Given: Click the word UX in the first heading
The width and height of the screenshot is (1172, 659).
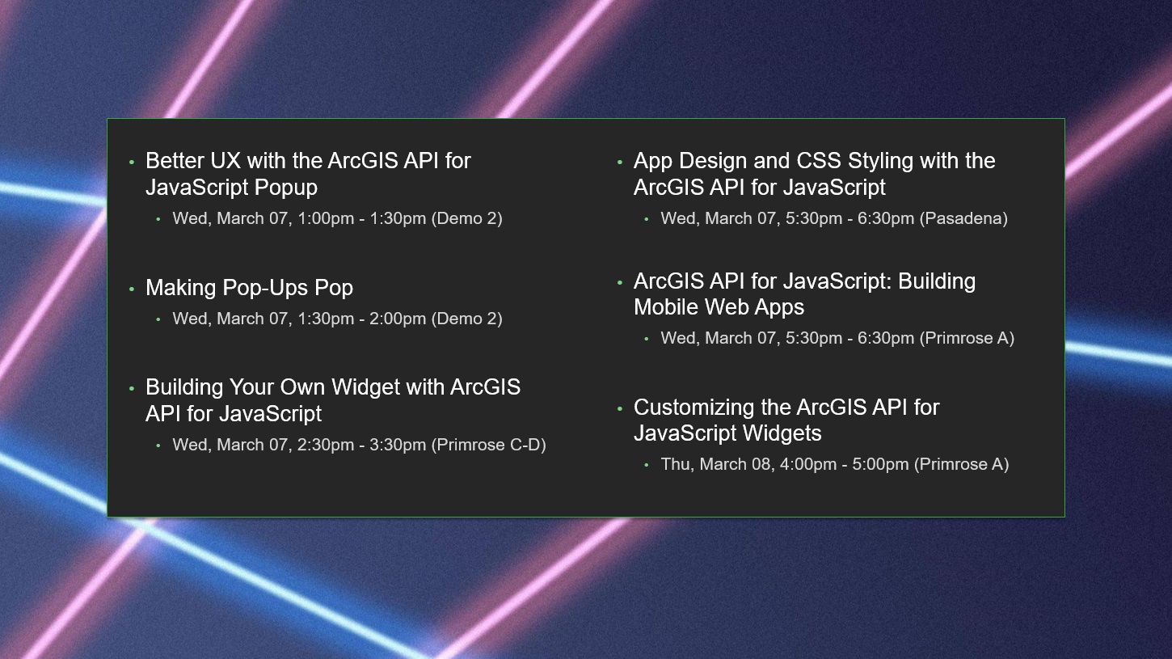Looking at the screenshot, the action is (225, 161).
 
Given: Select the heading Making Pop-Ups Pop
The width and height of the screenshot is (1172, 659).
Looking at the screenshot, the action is (249, 288).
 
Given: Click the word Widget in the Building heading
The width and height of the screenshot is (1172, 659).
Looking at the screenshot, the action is (365, 387).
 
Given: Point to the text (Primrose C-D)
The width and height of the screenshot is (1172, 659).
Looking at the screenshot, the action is (489, 445).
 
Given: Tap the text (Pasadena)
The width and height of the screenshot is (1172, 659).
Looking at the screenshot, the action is (963, 218).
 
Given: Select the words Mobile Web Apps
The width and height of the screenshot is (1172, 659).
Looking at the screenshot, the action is (719, 308).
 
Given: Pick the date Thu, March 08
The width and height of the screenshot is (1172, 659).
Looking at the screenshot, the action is (717, 464).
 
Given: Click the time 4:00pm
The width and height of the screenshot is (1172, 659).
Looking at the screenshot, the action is (807, 464).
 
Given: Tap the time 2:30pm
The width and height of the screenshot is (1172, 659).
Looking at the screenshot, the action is (326, 445).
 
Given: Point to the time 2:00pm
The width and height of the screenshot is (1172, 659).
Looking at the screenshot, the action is (398, 319).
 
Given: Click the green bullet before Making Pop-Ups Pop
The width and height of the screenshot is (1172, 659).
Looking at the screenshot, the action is (132, 289).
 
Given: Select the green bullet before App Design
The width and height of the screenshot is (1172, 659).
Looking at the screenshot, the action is (620, 163).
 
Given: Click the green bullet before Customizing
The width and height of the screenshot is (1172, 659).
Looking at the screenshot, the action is (620, 408).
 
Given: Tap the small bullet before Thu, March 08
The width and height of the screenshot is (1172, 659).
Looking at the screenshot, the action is (647, 465).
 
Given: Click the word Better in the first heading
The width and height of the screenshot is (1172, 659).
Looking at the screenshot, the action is (175, 161).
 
